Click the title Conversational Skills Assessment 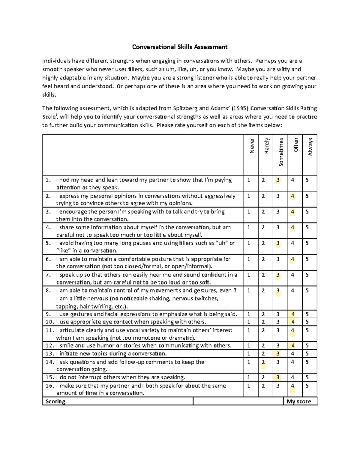coord(180,47)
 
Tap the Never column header coord(252,146)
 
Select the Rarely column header coord(266,146)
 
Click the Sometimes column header coord(281,152)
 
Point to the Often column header coord(296,145)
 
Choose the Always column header coord(310,147)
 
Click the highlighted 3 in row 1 coord(278,180)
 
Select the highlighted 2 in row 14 coord(263,362)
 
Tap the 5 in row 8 coord(307,290)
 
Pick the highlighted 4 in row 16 coord(292,386)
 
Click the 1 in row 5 coord(249,243)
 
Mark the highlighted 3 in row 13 coord(278,354)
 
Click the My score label coord(299,401)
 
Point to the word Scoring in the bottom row coord(55,401)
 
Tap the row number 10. coord(49,322)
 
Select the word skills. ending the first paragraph coord(49,95)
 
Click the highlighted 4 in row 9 coord(293,314)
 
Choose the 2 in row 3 coord(263,212)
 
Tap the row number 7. coord(48,275)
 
